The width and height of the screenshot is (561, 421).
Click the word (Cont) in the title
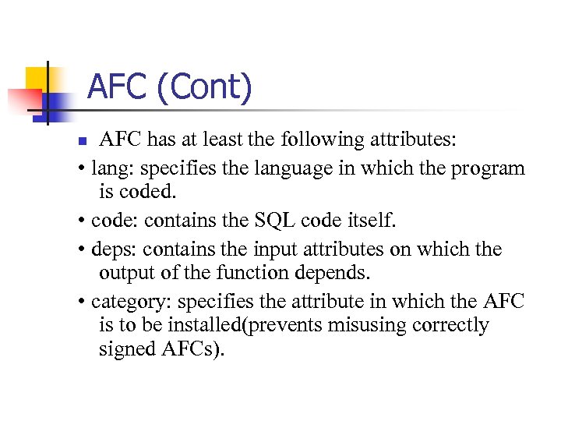tap(204, 87)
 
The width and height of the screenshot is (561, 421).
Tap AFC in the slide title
tap(118, 87)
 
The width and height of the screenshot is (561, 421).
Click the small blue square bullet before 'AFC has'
tap(86, 142)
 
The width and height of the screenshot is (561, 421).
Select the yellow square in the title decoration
tap(38, 79)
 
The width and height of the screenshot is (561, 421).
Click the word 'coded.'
tap(150, 192)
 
